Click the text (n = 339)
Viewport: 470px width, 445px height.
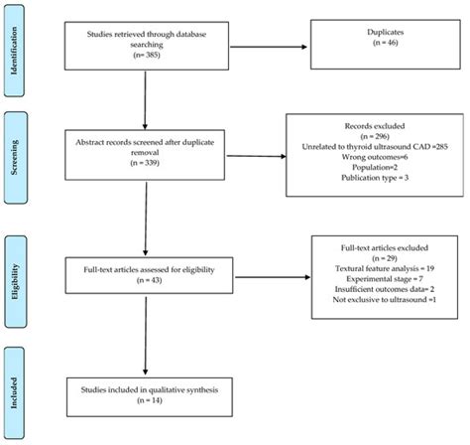click(147, 160)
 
